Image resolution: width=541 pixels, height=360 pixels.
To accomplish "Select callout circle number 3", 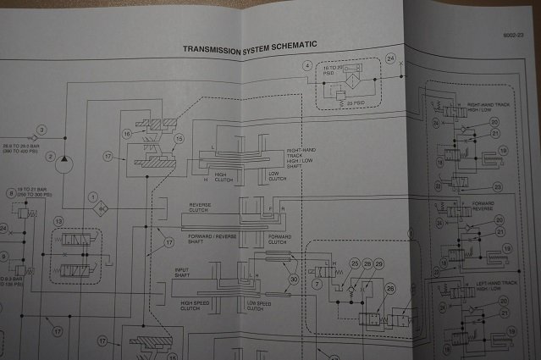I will [41, 129].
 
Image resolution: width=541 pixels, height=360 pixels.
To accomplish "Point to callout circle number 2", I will [50, 158].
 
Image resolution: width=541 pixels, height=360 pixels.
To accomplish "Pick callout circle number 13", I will [58, 221].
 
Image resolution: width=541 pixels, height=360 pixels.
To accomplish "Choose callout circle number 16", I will [126, 134].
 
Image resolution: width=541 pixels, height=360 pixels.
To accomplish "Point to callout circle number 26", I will [390, 289].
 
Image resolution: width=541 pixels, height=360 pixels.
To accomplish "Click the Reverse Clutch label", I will [205, 208].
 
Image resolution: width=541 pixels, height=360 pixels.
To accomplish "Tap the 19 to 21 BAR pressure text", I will [38, 193].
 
